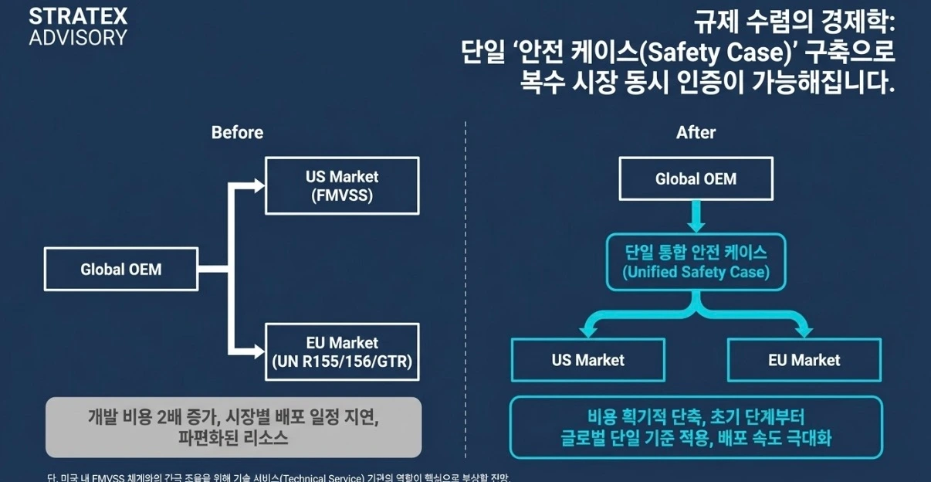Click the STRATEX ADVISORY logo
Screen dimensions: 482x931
pos(78,26)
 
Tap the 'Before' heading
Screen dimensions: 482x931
pos(237,133)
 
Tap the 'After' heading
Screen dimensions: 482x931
pos(696,133)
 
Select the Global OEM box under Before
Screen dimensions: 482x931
pos(121,270)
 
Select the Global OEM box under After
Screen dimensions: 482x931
pos(696,179)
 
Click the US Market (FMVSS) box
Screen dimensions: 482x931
pos(342,185)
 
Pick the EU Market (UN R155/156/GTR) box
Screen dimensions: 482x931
pos(342,351)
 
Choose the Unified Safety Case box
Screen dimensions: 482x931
pos(696,262)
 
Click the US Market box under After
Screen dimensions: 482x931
pos(587,360)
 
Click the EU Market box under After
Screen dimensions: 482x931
pos(804,360)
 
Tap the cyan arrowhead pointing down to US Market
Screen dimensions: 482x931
pos(587,330)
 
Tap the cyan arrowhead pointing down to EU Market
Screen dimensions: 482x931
pos(804,330)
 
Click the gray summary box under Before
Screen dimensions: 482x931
pos(233,427)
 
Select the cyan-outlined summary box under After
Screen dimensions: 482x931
pos(696,427)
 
